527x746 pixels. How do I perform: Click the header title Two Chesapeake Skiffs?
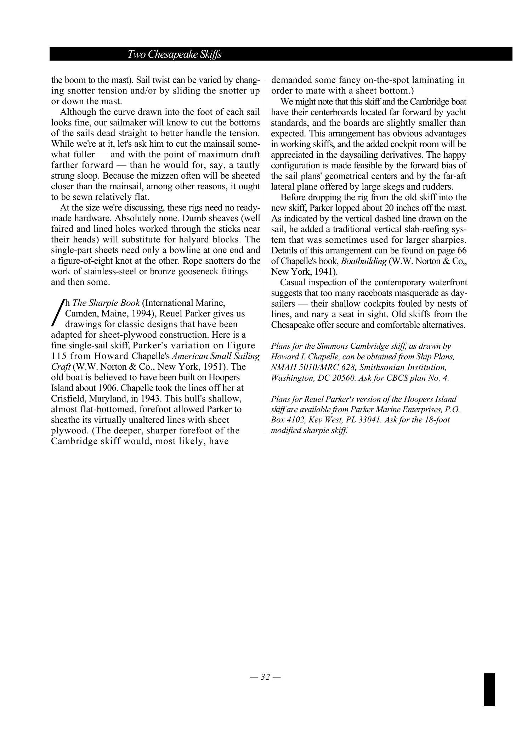[x=174, y=54]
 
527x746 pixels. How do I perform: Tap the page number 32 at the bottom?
[x=265, y=677]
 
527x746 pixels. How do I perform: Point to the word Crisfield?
[x=67, y=399]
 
